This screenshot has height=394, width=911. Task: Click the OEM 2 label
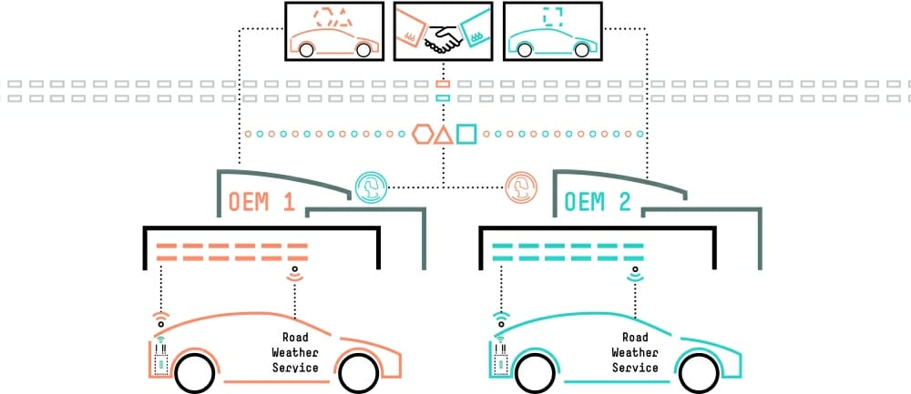(598, 201)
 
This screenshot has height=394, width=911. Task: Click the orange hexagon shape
(421, 135)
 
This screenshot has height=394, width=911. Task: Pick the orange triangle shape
(443, 136)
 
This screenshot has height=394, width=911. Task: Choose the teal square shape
(466, 135)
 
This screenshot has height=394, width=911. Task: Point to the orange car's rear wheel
(359, 371)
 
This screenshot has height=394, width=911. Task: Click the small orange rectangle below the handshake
(443, 83)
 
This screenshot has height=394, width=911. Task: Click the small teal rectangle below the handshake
(443, 96)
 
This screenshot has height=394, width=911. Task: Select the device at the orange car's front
(158, 358)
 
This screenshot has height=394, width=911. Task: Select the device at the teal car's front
(498, 358)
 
